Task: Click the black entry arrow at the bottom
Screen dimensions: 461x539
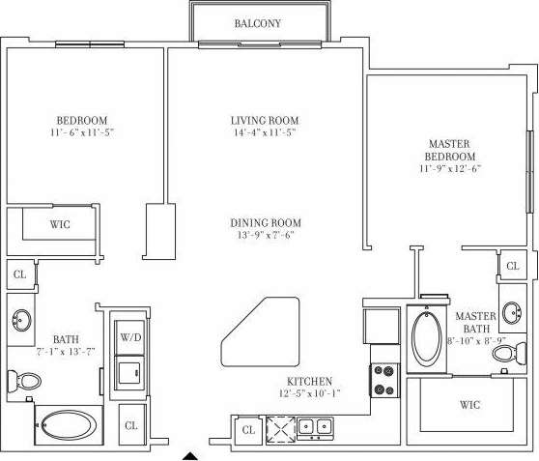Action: [x=191, y=453]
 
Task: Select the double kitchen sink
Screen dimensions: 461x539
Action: [x=315, y=426]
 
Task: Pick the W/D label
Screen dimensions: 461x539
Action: [x=129, y=337]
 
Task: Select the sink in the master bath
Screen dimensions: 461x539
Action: [x=512, y=314]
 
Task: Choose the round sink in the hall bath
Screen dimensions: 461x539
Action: [x=21, y=318]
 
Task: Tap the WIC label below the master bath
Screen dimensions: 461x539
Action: [x=470, y=403]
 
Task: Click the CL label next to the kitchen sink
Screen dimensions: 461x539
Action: [x=248, y=429]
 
